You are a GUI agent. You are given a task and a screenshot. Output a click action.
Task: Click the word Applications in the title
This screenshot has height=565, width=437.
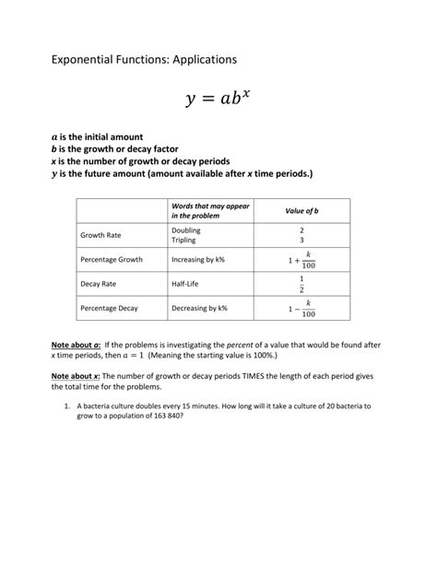tap(195, 59)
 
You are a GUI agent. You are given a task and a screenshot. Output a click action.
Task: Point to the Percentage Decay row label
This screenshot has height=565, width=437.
tap(112, 309)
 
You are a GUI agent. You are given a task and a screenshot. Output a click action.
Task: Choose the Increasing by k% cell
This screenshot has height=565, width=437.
tap(198, 260)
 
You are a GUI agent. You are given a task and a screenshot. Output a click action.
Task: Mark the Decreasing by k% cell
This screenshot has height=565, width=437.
tap(200, 309)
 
